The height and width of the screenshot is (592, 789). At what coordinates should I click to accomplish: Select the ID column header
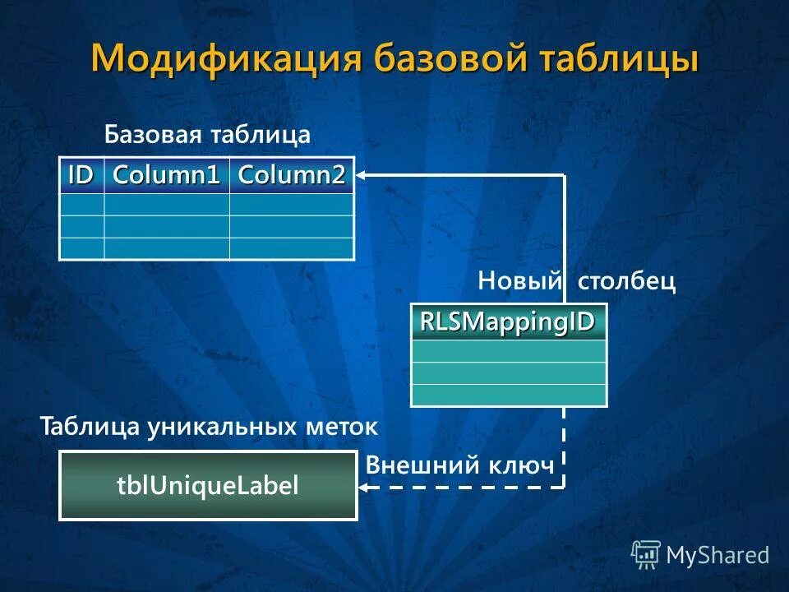[x=81, y=175]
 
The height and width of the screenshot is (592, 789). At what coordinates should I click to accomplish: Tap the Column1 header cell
[x=166, y=175]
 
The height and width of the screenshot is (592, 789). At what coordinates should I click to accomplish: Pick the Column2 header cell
[x=291, y=175]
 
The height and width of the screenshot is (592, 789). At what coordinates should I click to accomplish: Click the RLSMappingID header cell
[x=508, y=321]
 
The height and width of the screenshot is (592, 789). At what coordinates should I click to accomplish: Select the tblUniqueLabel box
[x=208, y=486]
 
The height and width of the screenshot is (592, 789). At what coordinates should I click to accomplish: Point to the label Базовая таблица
[x=207, y=135]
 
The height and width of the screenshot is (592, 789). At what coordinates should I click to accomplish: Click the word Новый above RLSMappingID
[x=520, y=282]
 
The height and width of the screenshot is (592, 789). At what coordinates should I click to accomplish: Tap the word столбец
[x=626, y=282]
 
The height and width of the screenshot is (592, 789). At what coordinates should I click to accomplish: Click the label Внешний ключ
[x=460, y=465]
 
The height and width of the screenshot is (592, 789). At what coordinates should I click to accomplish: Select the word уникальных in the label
[x=223, y=427]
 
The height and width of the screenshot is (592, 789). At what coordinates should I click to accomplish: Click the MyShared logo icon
[x=645, y=555]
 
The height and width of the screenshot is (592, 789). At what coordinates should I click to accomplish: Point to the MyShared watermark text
[x=717, y=555]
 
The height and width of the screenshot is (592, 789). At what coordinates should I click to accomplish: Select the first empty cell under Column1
[x=166, y=205]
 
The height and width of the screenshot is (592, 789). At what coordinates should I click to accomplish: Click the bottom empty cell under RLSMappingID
[x=508, y=395]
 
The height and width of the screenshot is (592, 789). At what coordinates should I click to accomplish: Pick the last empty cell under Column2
[x=291, y=248]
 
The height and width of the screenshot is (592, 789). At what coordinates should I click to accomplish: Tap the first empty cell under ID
[x=81, y=205]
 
